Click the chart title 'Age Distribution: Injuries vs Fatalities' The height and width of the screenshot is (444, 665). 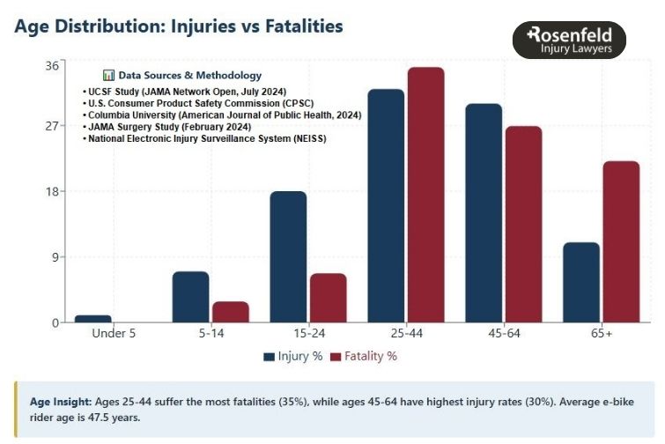[x=179, y=26]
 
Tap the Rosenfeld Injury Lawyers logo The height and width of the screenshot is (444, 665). [x=569, y=41]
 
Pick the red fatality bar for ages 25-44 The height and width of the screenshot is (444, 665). [x=426, y=195]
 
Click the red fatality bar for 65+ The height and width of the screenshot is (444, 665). [x=621, y=241]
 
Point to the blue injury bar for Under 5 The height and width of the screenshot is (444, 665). [x=93, y=318]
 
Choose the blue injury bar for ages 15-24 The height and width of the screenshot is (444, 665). [x=288, y=256]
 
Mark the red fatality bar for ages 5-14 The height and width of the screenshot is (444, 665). [x=231, y=312]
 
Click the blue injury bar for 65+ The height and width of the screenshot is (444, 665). [x=581, y=282]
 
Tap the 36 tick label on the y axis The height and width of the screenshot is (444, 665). [x=52, y=65]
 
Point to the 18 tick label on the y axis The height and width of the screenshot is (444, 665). [x=52, y=192]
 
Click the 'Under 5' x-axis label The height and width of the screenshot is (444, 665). [x=115, y=335]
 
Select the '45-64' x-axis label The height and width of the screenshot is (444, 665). [x=503, y=335]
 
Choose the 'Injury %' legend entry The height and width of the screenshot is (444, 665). [x=292, y=357]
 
